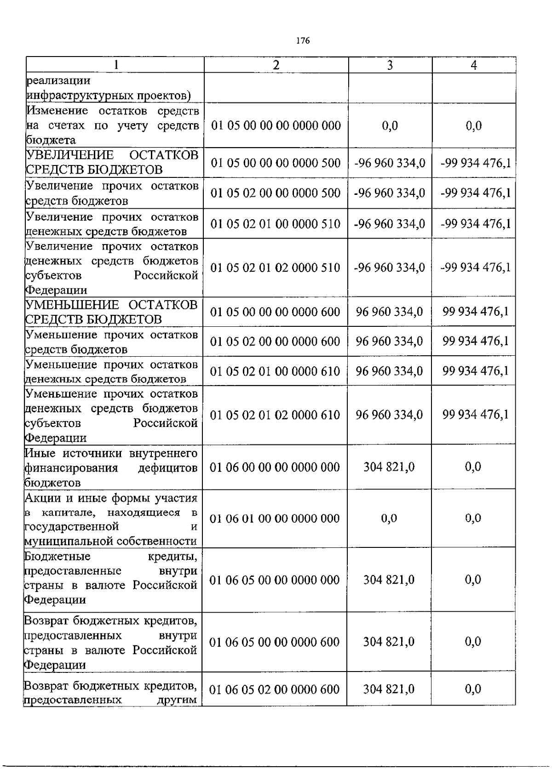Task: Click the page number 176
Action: click(303, 41)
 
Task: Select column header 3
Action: click(390, 65)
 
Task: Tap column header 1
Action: click(116, 65)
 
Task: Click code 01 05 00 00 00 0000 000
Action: click(276, 125)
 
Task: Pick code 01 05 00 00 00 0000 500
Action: click(276, 163)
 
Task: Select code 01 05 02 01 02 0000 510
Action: click(275, 268)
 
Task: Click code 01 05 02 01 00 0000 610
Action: click(275, 371)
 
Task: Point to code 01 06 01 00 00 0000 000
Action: click(275, 518)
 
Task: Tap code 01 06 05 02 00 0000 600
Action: click(275, 689)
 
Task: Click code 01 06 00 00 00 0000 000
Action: click(275, 467)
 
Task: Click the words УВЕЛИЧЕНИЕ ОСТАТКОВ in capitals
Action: click(112, 155)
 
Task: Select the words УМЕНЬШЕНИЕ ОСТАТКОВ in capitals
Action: click(111, 305)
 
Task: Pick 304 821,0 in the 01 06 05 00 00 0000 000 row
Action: click(389, 580)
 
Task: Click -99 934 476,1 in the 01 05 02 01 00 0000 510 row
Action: click(475, 224)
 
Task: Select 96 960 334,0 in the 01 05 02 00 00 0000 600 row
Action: click(389, 342)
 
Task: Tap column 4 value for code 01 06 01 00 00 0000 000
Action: click(473, 518)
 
